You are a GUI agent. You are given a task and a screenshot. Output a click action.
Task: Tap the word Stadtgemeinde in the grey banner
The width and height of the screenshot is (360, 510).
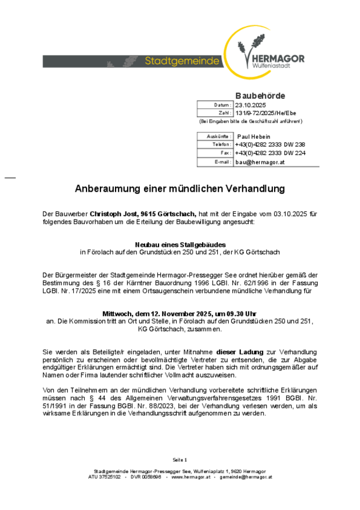click(182, 61)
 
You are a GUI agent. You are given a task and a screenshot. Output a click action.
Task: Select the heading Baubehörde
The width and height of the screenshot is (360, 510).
click(260, 95)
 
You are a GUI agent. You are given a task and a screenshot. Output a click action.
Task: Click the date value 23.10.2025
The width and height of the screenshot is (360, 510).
click(250, 105)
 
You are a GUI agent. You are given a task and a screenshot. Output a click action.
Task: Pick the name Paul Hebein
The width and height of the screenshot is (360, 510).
click(254, 136)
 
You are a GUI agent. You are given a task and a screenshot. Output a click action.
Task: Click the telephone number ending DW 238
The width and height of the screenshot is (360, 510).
click(269, 144)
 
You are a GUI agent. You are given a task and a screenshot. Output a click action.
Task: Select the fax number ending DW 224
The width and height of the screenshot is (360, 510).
click(269, 153)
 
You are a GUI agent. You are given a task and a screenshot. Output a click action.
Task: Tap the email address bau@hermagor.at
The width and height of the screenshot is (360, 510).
click(260, 162)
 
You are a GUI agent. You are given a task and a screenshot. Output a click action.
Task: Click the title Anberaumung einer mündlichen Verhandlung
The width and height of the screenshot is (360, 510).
click(180, 189)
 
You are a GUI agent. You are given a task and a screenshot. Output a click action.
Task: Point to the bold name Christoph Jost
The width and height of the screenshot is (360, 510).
click(114, 214)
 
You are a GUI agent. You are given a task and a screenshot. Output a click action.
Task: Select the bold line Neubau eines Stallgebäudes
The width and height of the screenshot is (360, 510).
click(180, 245)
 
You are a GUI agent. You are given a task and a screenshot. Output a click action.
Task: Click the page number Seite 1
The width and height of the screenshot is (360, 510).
click(180, 459)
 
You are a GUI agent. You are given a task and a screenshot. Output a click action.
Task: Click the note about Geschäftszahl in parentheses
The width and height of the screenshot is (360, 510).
click(250, 121)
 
